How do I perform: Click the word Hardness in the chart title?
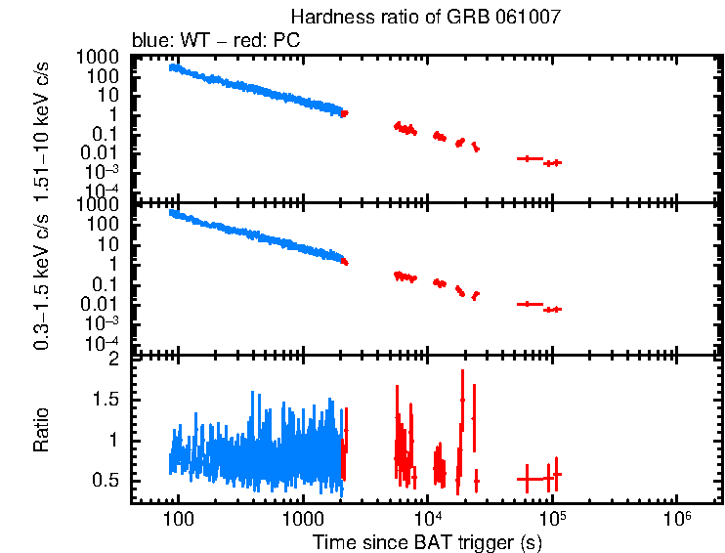point(321,18)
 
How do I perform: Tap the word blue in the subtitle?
point(149,41)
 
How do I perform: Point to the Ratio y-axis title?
point(42,431)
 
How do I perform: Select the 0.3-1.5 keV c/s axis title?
point(42,280)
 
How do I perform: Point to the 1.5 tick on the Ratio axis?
point(109,400)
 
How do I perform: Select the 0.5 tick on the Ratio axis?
point(109,481)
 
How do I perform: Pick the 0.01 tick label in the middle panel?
point(106,304)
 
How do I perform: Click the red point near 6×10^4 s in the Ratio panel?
point(528,479)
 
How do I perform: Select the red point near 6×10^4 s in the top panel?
point(529,157)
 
